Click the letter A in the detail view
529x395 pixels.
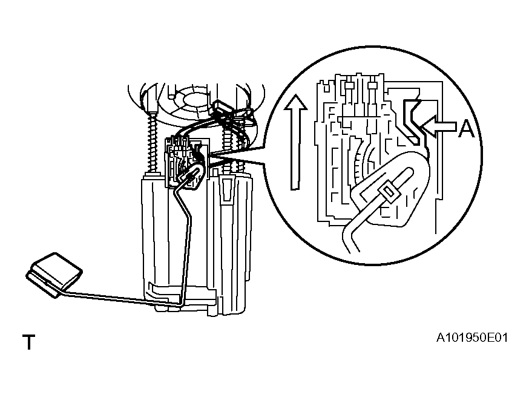click(466, 129)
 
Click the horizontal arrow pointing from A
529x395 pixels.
click(439, 126)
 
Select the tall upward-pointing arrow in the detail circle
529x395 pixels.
click(295, 142)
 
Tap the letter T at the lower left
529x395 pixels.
click(28, 342)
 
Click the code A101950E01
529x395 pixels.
click(471, 338)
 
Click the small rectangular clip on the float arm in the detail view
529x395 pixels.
click(389, 194)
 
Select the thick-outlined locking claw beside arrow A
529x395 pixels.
click(414, 122)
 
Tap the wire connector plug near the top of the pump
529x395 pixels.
click(223, 108)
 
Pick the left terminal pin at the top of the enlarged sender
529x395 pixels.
click(349, 86)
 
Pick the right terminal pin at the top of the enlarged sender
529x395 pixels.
click(372, 86)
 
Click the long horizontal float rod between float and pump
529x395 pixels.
click(122, 299)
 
